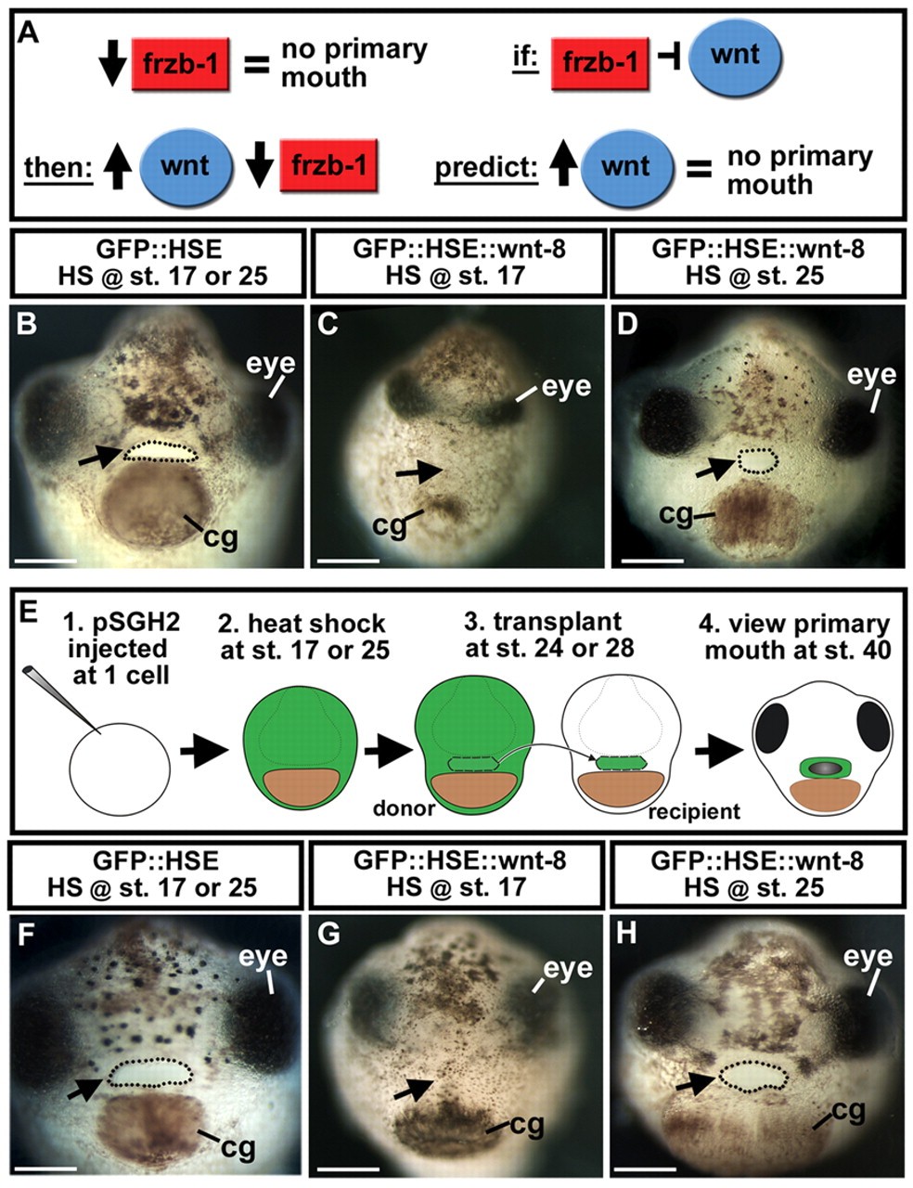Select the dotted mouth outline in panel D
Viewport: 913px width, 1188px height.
[757, 461]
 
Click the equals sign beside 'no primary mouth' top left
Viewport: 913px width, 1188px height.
[256, 63]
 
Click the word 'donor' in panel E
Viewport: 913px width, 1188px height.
[404, 808]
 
